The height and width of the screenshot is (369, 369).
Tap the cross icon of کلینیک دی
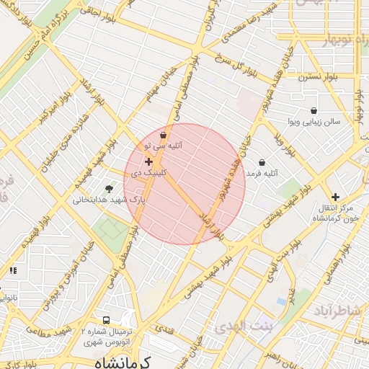(x=148, y=162)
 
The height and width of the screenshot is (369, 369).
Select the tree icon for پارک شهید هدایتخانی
(x=109, y=189)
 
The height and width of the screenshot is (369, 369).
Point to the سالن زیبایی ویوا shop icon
(x=314, y=110)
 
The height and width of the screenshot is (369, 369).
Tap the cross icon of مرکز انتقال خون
(x=335, y=197)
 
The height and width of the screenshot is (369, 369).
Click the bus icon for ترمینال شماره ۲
(x=107, y=319)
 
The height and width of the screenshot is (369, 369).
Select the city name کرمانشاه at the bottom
(x=123, y=362)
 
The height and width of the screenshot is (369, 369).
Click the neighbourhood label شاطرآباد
(x=339, y=310)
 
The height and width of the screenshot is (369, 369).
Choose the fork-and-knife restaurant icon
(x=12, y=270)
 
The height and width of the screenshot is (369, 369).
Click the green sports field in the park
(x=112, y=230)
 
